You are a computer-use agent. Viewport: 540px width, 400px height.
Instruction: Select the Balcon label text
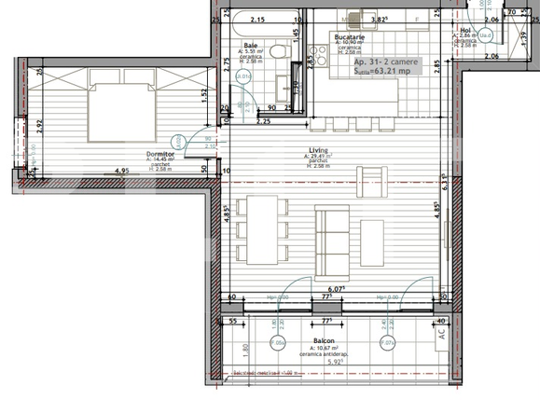(324, 341)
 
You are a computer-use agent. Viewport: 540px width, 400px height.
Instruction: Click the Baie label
(251, 45)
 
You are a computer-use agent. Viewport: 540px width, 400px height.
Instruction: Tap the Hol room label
(465, 30)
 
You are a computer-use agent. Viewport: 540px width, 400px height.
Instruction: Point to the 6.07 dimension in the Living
(336, 289)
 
